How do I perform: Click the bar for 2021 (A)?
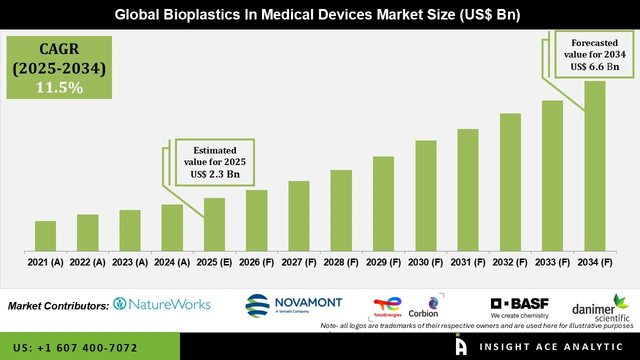pos(45,236)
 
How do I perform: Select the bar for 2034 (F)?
pos(594,166)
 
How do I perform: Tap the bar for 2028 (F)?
pos(341,210)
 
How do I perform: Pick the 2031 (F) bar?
pos(467,190)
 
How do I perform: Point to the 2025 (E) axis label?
pos(214,262)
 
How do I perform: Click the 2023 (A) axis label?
pos(129,262)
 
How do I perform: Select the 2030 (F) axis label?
pos(425,262)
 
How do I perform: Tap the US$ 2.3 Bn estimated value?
pos(215,174)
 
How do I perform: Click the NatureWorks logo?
pos(161,304)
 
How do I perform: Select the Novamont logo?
pos(294,304)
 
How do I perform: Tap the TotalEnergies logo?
pos(387,307)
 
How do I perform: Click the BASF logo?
pos(519,307)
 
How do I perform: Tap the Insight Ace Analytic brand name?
pos(551,347)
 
